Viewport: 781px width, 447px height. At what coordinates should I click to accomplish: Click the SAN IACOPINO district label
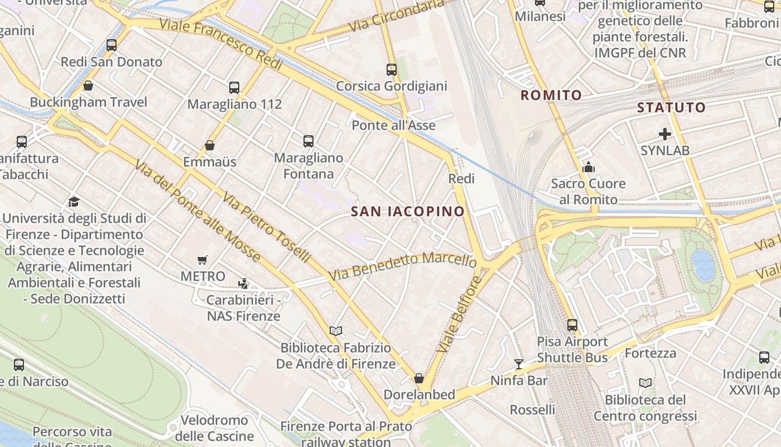pos(408,211)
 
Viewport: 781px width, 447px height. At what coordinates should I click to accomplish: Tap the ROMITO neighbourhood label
pos(551,96)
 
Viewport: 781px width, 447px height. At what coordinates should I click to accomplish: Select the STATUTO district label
pos(671,107)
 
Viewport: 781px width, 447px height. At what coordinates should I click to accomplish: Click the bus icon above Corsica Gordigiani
pos(392,70)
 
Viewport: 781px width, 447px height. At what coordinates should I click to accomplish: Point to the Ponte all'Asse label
pos(393,125)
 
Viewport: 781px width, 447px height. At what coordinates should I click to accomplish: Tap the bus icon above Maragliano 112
pos(234,88)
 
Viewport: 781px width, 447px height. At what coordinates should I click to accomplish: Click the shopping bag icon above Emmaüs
pos(210,146)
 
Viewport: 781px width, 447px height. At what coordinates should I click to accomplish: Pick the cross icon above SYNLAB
pos(664,134)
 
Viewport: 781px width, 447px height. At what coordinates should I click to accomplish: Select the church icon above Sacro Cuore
pos(588,167)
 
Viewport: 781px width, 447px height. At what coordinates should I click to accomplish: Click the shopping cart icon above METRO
pos(203,260)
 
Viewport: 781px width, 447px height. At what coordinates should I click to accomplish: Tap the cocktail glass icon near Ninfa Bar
pos(519,364)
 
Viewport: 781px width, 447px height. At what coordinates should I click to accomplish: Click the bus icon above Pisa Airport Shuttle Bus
pos(572,325)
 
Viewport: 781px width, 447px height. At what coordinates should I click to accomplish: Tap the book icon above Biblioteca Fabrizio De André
pos(336,331)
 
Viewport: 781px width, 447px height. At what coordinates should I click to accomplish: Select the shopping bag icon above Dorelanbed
pos(419,378)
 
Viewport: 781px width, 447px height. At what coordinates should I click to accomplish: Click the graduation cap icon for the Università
pos(74,202)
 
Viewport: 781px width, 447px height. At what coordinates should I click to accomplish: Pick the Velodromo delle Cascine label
pos(214,428)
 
